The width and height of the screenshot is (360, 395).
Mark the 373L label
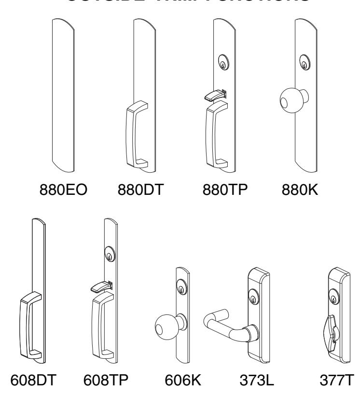(x=253, y=380)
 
